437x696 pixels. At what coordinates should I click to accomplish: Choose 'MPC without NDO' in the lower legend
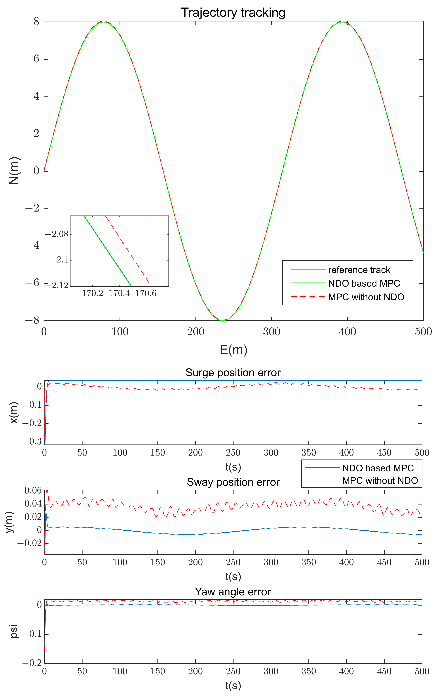pyautogui.click(x=380, y=480)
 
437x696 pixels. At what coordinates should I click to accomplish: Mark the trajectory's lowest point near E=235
pyautogui.click(x=222, y=320)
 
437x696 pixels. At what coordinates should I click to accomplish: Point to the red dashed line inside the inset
pyautogui.click(x=127, y=250)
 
